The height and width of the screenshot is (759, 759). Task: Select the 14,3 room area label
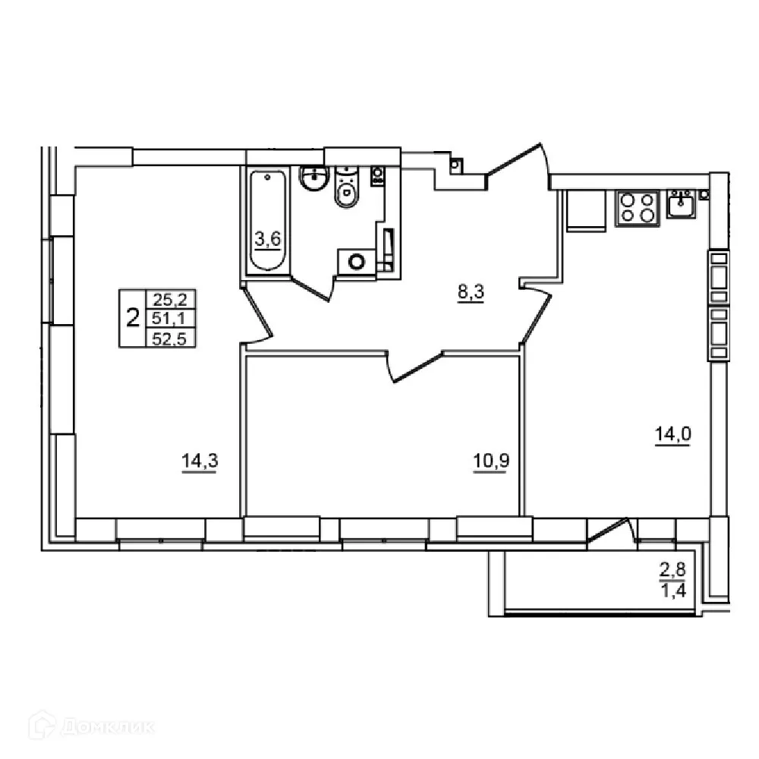coord(199,461)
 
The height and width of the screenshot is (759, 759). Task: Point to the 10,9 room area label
coord(490,461)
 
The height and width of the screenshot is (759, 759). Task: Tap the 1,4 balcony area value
coord(672,591)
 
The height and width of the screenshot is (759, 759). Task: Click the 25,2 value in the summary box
coord(169,299)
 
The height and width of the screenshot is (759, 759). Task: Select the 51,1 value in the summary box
coord(169,318)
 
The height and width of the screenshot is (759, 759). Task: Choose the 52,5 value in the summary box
coord(169,338)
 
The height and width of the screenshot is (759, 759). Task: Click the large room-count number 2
coord(133,318)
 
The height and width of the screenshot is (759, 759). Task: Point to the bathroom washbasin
coord(312,179)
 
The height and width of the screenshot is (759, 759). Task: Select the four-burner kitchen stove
coord(637,208)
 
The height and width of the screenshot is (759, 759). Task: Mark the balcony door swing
coord(610,531)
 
